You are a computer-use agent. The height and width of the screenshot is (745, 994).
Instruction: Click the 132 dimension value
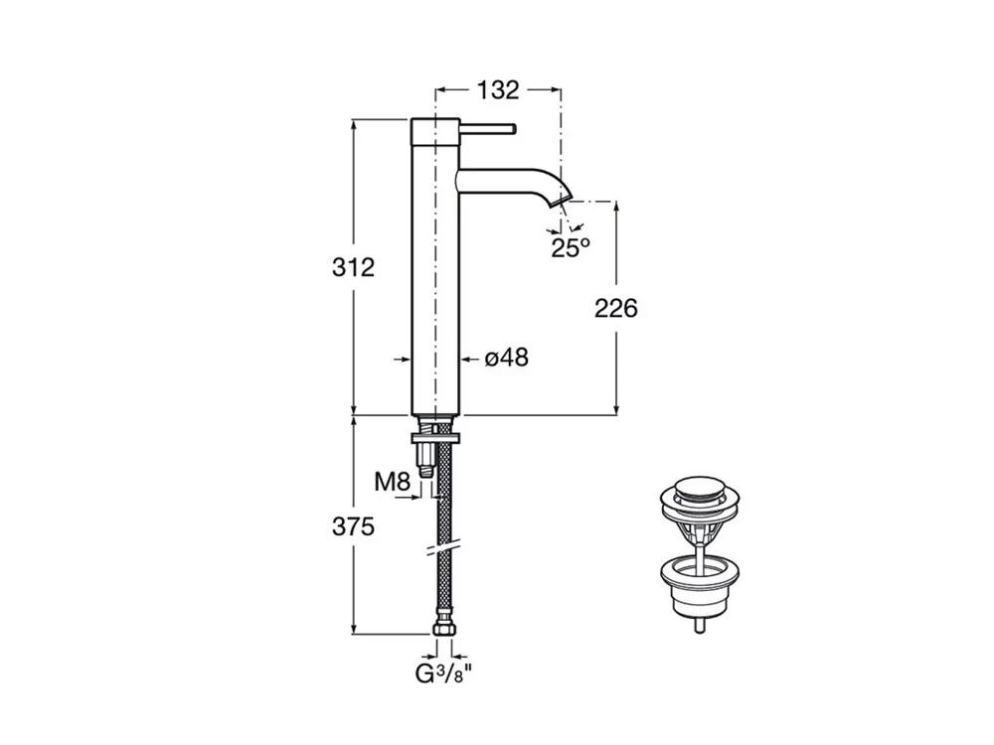pos(498,90)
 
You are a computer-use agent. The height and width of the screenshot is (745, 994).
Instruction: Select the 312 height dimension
pos(353,267)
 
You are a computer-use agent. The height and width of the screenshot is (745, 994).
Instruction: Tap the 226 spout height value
pos(615,309)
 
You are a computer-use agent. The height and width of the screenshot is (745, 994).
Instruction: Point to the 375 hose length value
pos(353,526)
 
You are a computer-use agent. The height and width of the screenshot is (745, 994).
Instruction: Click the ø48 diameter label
pos(506,358)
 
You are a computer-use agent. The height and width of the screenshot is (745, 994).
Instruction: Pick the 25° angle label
pos(570,247)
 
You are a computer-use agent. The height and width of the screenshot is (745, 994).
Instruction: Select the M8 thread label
pos(393,482)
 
